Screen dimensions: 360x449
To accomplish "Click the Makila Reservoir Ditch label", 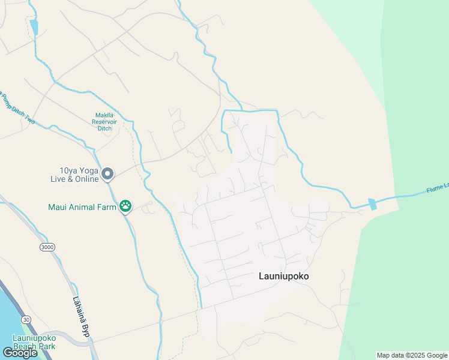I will pos(108,121).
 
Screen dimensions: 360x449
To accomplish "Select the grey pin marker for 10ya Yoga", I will pos(107,174).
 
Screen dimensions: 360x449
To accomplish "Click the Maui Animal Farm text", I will pos(82,207).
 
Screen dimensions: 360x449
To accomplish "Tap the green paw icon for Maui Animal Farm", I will pos(125,206).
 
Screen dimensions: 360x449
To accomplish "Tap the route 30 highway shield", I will pos(25,319).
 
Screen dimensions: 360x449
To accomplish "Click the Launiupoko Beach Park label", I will pos(28,342).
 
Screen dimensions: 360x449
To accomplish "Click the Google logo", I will pos(19,353).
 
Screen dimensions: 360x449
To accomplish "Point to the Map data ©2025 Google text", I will pos(412,355).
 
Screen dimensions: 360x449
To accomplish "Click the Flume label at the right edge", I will pos(437,188).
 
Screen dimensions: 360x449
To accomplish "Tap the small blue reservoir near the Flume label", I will pos(373,204).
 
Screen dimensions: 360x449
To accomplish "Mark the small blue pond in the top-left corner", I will pos(34,27).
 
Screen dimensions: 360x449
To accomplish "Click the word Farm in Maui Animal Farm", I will pos(106,207).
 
